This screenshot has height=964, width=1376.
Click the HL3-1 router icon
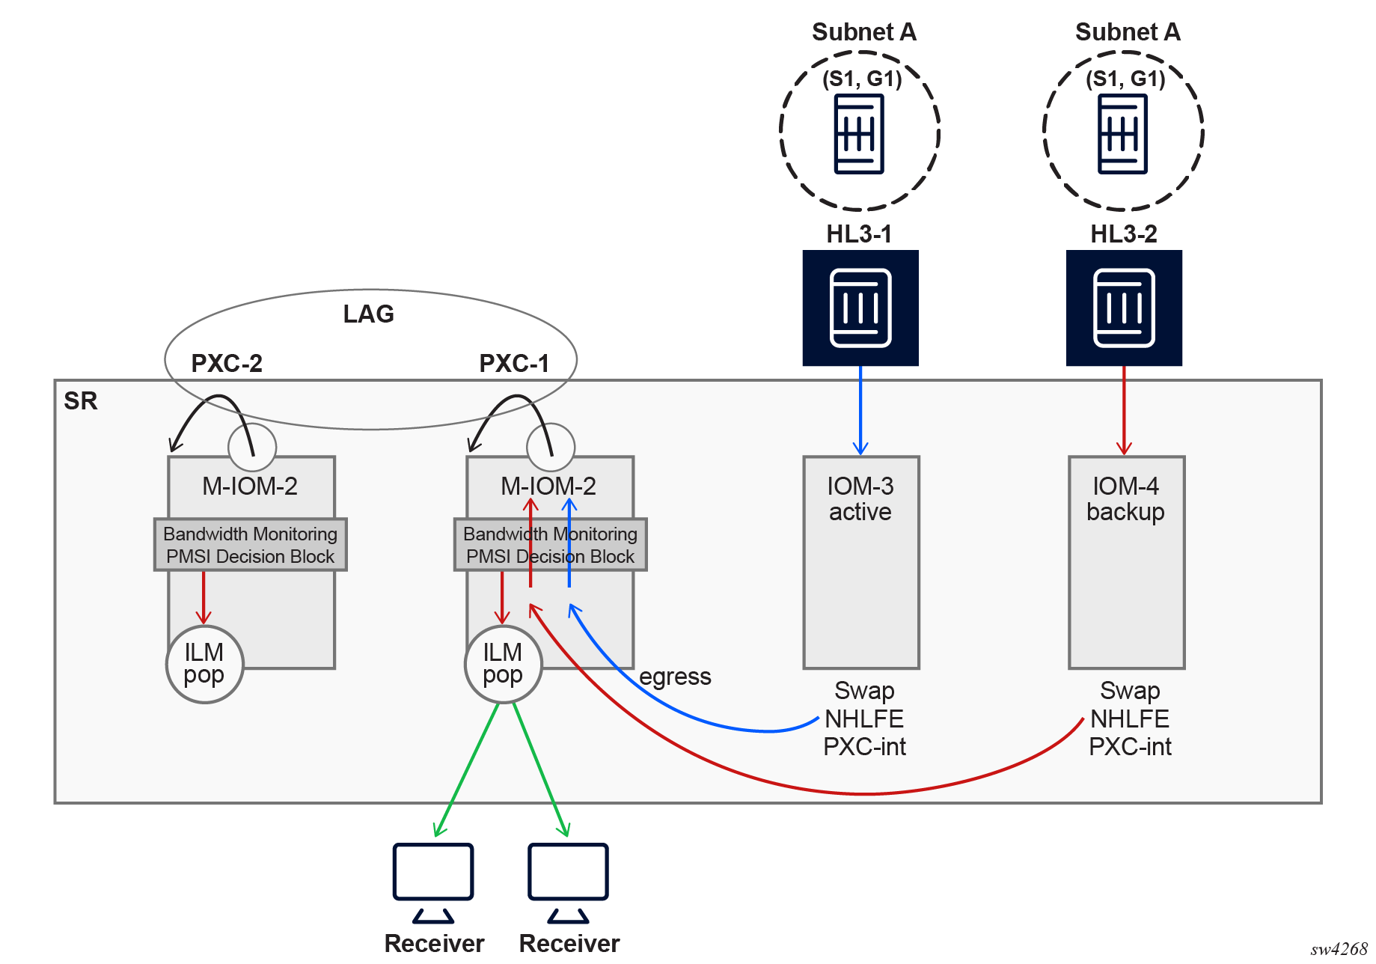(860, 308)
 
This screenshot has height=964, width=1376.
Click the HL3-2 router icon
(1124, 308)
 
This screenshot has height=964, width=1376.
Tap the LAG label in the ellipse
(368, 314)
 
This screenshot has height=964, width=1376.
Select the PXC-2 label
(227, 363)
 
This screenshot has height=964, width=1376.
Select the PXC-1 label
(514, 363)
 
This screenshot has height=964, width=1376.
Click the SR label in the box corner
(81, 400)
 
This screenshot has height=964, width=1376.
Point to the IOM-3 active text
(860, 498)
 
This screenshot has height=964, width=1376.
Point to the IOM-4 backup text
(1125, 498)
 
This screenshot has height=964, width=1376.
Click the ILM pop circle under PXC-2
(204, 664)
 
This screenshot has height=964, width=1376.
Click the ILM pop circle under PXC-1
(503, 664)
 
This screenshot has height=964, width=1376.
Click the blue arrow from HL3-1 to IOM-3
(860, 410)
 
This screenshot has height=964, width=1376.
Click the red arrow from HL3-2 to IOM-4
(1124, 410)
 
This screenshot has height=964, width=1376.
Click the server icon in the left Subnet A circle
(859, 134)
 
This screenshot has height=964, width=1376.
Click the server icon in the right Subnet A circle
(1122, 134)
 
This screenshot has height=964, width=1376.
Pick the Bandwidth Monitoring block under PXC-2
(250, 545)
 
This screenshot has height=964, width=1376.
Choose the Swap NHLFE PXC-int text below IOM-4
(1130, 719)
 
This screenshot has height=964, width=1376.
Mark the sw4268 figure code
(1339, 949)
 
